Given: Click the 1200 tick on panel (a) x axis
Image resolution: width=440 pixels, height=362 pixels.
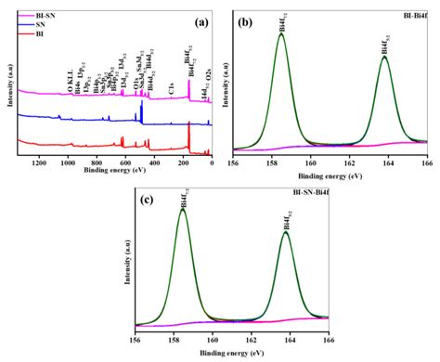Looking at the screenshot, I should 38,163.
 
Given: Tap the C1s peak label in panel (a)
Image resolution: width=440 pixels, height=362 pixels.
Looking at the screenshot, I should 172,90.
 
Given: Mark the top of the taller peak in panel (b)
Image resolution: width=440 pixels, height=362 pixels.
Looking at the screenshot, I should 281,35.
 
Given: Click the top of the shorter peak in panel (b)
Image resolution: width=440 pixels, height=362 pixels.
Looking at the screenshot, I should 384,57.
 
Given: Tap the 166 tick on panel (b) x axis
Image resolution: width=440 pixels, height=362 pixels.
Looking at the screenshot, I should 425,163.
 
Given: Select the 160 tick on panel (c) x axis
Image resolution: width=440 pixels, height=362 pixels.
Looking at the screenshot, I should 213,341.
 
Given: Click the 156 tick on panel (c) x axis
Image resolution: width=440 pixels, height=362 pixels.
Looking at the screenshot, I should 136,341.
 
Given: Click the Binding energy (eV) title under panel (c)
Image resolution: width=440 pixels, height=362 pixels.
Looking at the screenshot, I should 231,354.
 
